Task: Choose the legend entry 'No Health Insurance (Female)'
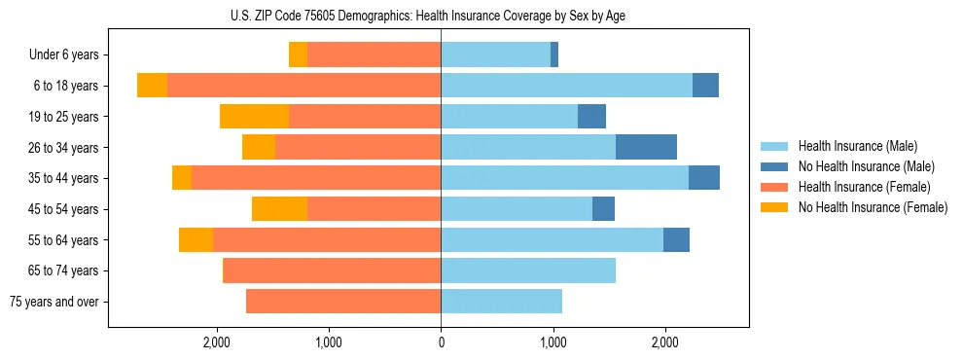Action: click(x=873, y=207)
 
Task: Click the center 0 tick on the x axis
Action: click(x=441, y=342)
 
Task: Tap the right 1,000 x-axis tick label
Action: click(x=553, y=342)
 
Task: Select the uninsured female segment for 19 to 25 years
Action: click(x=254, y=117)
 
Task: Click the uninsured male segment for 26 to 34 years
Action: click(x=646, y=148)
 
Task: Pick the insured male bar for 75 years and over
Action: click(x=501, y=302)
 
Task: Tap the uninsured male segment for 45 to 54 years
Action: click(x=603, y=209)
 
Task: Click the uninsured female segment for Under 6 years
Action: click(x=298, y=55)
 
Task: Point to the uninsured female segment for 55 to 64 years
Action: click(x=196, y=240)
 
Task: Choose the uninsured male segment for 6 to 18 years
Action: click(x=705, y=86)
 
